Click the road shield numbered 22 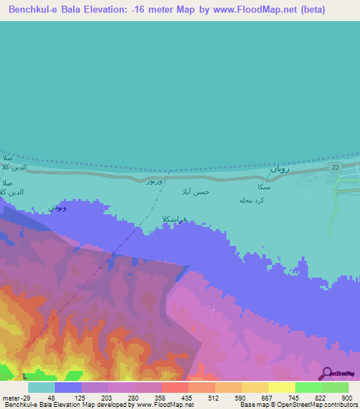(336, 167)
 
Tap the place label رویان (278, 169)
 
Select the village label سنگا (264, 187)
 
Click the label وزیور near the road (156, 182)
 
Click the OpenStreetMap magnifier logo (326, 374)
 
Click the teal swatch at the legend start (41, 387)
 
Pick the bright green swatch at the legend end (335, 387)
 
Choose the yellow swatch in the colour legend (281, 387)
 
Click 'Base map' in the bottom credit (255, 405)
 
